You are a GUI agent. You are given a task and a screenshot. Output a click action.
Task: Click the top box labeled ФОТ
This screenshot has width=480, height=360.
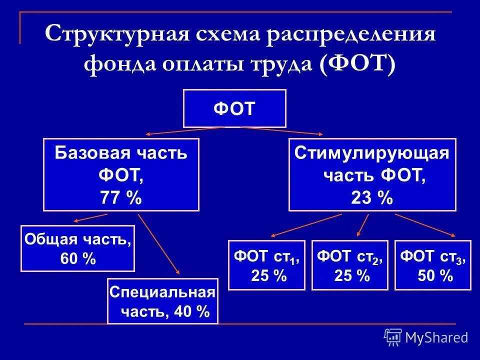(x=234, y=108)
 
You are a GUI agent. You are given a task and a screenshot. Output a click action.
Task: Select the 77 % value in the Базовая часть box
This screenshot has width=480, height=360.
(x=121, y=198)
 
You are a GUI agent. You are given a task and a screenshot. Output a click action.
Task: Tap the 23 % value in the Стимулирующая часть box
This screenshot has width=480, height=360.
(x=372, y=198)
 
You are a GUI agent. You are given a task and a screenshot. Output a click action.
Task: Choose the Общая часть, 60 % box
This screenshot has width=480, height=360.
(x=77, y=248)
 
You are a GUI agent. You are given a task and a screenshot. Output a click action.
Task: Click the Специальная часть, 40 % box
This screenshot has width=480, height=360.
(x=163, y=301)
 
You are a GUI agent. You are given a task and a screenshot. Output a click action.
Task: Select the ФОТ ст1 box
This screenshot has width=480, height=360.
(x=266, y=265)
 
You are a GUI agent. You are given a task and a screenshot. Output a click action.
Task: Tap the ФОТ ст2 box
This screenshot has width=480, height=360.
(x=350, y=265)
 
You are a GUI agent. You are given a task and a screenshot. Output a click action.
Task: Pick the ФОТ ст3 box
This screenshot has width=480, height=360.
(x=433, y=265)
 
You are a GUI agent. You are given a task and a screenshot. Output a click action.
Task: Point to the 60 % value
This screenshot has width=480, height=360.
(x=77, y=259)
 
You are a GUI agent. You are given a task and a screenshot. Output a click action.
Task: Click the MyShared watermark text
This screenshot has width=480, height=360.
(x=436, y=338)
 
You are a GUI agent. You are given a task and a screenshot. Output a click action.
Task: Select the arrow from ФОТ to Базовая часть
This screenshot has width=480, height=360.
(x=185, y=131)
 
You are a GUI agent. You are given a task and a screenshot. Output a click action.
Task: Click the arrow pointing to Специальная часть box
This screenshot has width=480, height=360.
(x=159, y=244)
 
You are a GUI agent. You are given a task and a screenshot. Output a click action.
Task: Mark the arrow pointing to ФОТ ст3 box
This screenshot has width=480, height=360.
(x=425, y=224)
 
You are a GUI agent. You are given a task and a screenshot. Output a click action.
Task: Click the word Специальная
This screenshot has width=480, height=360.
(x=163, y=292)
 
